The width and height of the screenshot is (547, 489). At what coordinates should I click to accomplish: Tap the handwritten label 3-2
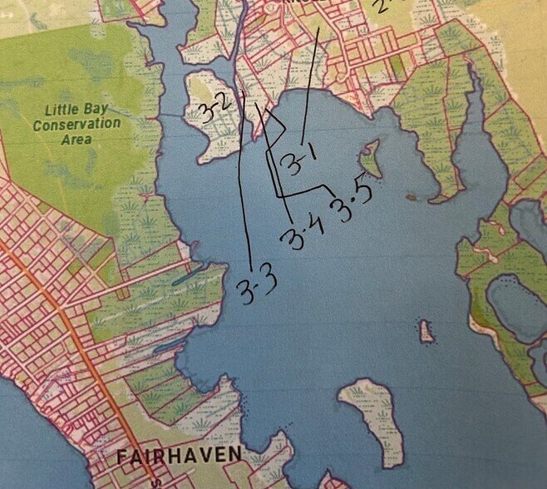pyautogui.click(x=214, y=107)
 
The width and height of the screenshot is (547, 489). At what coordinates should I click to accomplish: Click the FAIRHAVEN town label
pyautogui.click(x=179, y=456)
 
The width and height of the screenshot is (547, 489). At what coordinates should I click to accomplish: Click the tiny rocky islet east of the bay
pyautogui.click(x=427, y=332)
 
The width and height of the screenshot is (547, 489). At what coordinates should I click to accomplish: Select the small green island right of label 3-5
pyautogui.click(x=371, y=158)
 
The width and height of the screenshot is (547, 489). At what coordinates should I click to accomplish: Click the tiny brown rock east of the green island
pyautogui.click(x=411, y=198)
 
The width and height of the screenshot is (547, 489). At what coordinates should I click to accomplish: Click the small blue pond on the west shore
pyautogui.click(x=185, y=275)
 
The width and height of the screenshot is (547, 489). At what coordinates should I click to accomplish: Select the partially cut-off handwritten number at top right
pyautogui.click(x=383, y=7)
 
